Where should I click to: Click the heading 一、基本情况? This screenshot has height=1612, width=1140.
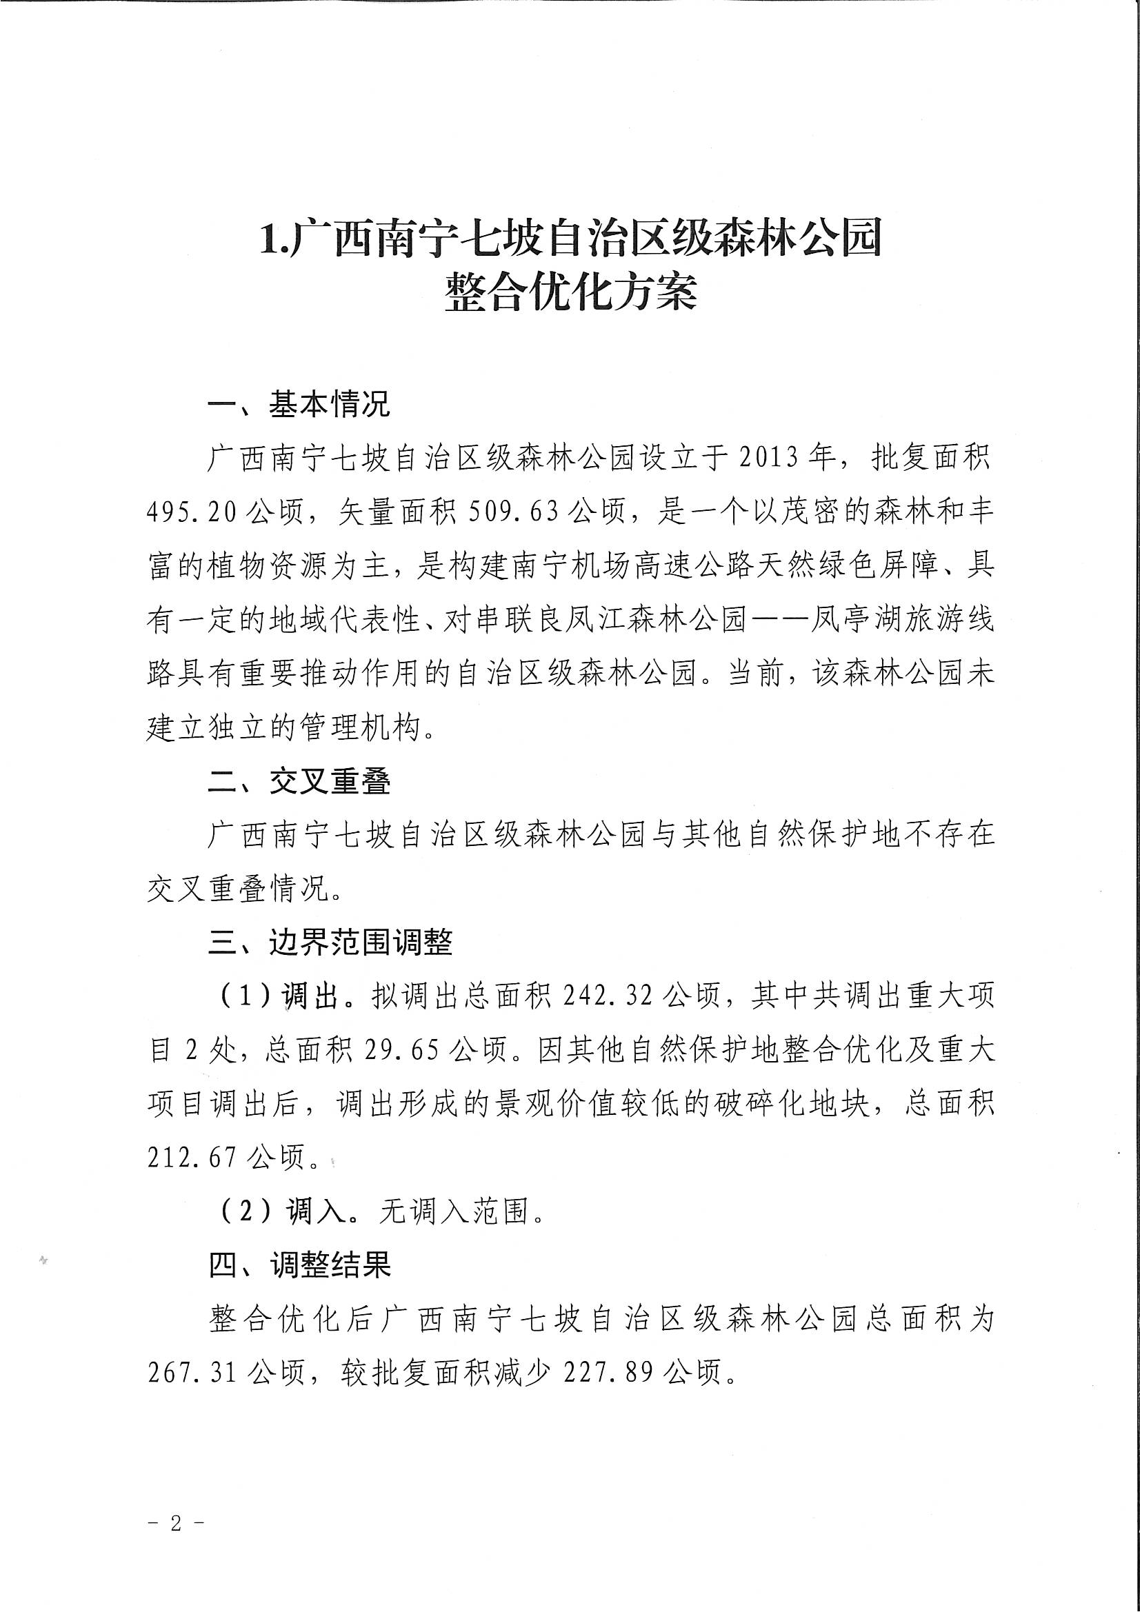299,405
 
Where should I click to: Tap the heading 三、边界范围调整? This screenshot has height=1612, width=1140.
330,943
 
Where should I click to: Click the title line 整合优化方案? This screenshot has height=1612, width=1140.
570,292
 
